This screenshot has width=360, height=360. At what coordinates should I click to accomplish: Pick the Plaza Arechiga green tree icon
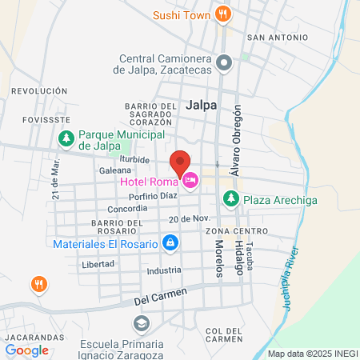(230, 198)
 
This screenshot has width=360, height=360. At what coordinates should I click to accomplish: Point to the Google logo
(26, 350)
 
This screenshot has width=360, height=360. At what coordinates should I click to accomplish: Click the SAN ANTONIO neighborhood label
(277, 37)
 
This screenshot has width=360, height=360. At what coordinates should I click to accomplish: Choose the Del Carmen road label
(160, 297)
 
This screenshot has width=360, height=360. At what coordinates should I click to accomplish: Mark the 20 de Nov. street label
(189, 218)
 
